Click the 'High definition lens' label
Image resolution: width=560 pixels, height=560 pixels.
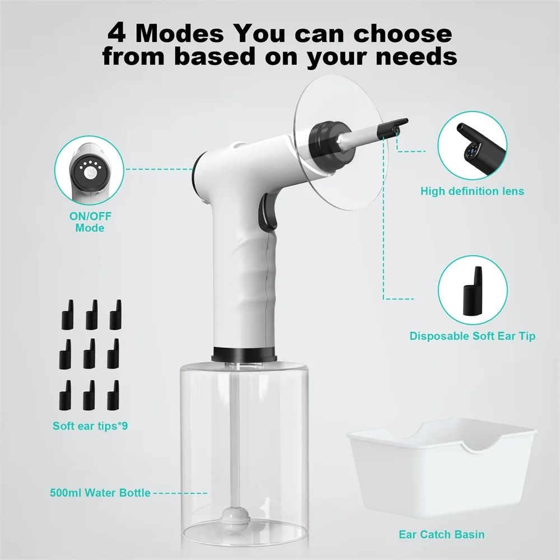[472, 192]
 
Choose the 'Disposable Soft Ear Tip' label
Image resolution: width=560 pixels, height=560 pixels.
[472, 336]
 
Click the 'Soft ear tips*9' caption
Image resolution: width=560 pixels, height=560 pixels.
[90, 426]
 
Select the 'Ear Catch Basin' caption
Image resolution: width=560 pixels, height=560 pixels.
[441, 534]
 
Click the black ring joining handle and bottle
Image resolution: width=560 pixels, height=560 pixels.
[244, 354]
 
